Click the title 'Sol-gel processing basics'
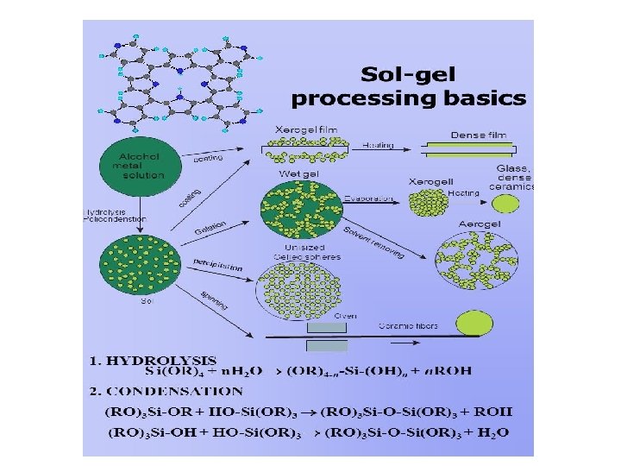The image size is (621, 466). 408,85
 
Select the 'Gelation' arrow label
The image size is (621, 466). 210,229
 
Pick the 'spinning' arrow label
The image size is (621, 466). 214,300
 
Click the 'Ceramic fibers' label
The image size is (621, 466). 409,325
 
